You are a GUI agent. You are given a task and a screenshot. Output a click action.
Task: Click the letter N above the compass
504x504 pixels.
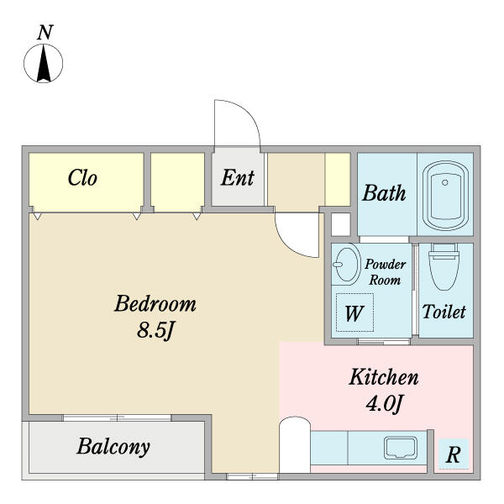tap(45, 33)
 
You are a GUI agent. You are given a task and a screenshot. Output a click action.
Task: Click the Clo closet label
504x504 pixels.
tap(82, 178)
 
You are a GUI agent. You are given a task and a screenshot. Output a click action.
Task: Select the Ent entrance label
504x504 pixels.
tap(238, 178)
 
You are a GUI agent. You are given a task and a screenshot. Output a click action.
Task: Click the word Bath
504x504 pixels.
tap(384, 193)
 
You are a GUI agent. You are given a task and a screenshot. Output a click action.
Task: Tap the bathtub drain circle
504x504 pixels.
tap(445, 182)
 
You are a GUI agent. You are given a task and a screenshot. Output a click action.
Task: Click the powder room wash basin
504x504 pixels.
tap(346, 265)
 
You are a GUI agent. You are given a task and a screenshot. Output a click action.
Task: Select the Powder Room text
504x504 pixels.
tap(385, 272)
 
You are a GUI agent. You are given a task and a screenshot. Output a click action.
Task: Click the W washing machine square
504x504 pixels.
tap(354, 312)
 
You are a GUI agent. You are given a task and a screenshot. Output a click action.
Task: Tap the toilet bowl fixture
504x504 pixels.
tap(444, 266)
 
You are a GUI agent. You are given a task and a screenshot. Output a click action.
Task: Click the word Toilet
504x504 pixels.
tap(444, 312)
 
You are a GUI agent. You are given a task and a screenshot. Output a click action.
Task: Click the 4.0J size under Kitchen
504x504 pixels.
tap(384, 402)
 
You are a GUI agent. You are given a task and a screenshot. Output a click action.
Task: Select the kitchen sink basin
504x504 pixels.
tap(401, 448)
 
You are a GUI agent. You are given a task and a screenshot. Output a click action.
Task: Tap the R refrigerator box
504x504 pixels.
tap(454, 454)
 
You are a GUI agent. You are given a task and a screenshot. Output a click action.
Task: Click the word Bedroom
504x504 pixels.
tap(155, 303)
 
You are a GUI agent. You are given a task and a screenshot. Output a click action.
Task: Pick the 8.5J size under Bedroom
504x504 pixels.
tap(155, 330)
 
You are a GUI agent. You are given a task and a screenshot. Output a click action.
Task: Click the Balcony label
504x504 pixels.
tap(113, 447)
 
